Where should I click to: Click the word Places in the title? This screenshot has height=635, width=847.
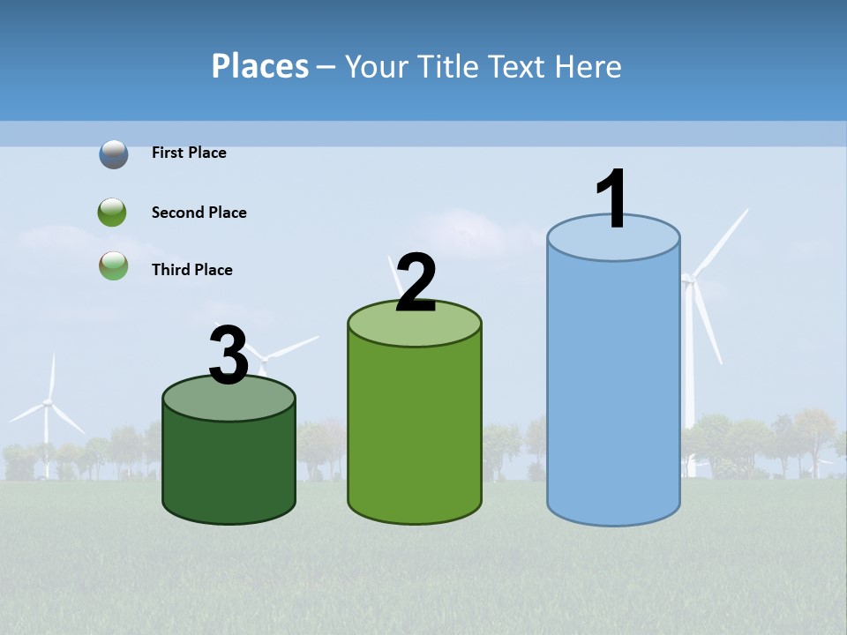[x=259, y=66]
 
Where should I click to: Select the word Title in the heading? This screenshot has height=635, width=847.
[x=446, y=66]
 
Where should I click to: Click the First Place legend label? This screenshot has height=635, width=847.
[x=189, y=153]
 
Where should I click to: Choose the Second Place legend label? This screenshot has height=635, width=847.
[x=199, y=213]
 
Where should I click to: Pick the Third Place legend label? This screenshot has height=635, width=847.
[x=191, y=270]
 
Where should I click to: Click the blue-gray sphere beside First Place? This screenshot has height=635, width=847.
[x=113, y=154]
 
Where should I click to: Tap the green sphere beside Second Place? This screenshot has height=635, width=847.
[x=112, y=213]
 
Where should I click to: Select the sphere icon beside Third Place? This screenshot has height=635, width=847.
[x=113, y=265]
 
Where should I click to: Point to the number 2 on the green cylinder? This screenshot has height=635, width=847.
[x=416, y=283]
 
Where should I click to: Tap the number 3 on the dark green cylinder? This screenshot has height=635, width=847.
[x=229, y=355]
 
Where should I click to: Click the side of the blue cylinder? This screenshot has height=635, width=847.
[x=613, y=388]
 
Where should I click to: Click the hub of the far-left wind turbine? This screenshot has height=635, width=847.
[x=48, y=402]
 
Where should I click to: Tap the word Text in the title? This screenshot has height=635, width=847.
[x=525, y=66]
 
